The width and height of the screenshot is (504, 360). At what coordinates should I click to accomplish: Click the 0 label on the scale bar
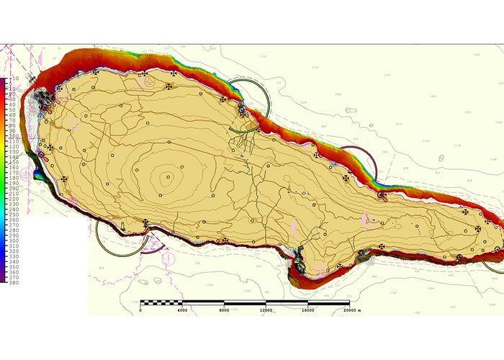(140, 310)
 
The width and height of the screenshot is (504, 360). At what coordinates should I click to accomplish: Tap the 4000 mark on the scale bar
(182, 310)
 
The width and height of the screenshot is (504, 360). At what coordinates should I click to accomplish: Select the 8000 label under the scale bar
(225, 310)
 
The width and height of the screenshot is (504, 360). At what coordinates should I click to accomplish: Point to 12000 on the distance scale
(266, 310)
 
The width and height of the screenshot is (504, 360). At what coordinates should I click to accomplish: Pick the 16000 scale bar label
(307, 310)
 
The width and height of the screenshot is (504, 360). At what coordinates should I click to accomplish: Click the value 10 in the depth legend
(12, 81)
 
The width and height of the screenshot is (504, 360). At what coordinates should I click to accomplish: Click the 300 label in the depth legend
(14, 246)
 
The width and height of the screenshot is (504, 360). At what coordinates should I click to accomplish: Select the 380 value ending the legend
(14, 283)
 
